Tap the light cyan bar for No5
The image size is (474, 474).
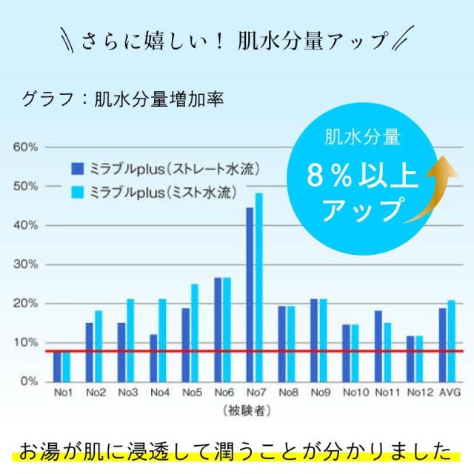tap(195, 333)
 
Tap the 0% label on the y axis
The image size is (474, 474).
tap(28, 381)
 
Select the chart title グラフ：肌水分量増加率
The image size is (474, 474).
tap(122, 99)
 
